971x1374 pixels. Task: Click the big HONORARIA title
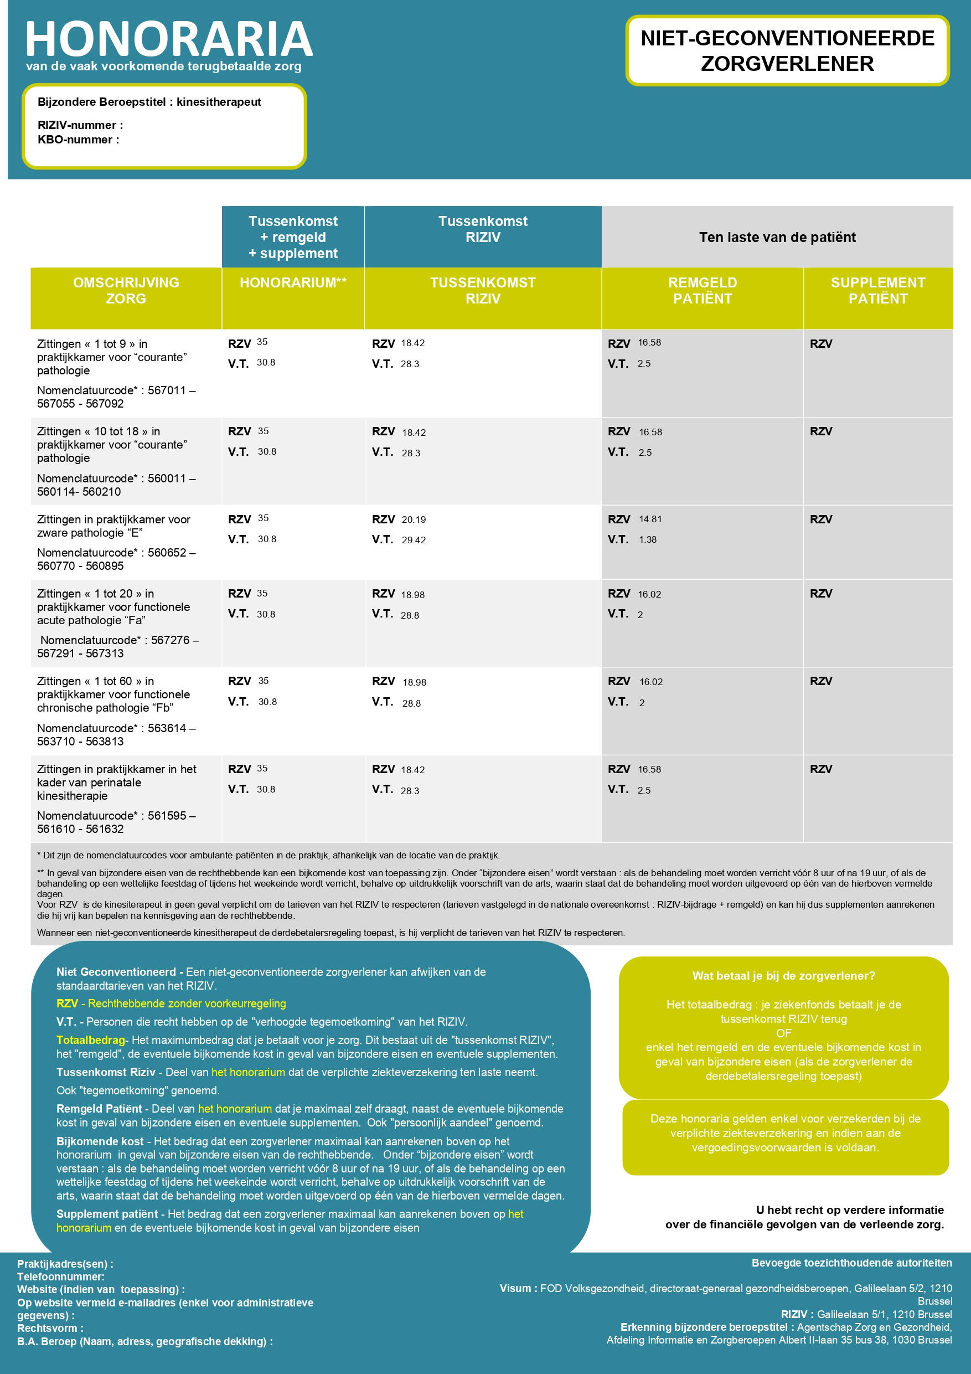coord(169,39)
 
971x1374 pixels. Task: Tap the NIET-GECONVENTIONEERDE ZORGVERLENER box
coord(787,51)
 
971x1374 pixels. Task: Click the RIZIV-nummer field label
coord(80,125)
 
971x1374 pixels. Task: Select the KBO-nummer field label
coord(79,140)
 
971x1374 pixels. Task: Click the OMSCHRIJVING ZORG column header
coord(126,291)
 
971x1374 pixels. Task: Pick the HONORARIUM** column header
coord(293,283)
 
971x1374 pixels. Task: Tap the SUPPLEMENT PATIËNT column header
coord(877,291)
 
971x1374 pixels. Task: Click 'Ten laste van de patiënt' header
coord(777,237)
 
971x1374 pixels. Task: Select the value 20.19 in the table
coord(414,519)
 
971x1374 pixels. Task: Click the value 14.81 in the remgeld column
coord(650,519)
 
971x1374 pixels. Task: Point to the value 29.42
coord(414,540)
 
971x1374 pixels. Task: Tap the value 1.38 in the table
coord(647,539)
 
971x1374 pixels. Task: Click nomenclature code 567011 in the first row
coord(167,390)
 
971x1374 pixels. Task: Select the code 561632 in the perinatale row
coord(105,829)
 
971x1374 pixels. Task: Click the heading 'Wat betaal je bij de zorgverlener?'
coord(783,975)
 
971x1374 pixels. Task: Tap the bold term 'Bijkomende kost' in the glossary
coord(100,1141)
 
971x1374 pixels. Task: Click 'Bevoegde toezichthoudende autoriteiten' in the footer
coord(851,1263)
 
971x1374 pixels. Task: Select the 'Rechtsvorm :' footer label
coord(50,1328)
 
